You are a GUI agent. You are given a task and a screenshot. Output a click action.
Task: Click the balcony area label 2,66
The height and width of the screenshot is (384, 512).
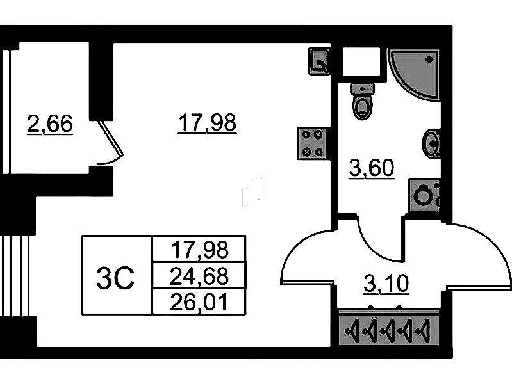pyautogui.click(x=50, y=124)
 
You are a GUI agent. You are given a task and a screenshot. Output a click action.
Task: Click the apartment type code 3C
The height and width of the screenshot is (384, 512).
pyautogui.click(x=115, y=276)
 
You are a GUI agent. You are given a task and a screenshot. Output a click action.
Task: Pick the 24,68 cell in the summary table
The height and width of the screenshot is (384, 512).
pyautogui.click(x=199, y=276)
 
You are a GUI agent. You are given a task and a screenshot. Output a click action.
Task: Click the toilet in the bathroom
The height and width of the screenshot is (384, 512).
pyautogui.click(x=363, y=102)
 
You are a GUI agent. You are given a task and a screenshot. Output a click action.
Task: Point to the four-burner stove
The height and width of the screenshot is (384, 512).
pyautogui.click(x=313, y=143)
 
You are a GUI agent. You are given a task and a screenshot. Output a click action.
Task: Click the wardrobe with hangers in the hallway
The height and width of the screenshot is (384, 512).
pyautogui.click(x=389, y=330)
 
